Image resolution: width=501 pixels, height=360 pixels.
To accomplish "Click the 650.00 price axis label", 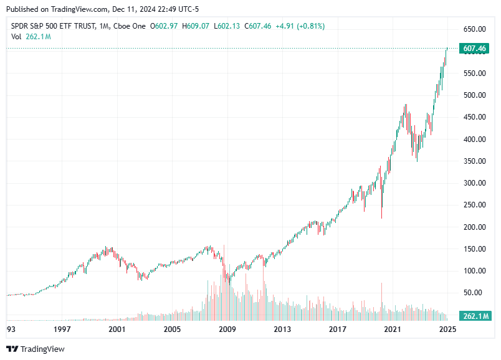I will click(x=474, y=29).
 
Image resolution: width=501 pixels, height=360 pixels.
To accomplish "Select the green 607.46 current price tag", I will click(x=474, y=49).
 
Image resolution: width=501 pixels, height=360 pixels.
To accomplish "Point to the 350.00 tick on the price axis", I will click(x=474, y=161).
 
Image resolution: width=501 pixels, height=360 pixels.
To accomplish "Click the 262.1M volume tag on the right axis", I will click(x=474, y=316).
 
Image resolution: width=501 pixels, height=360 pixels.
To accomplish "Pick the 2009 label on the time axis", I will click(x=227, y=329).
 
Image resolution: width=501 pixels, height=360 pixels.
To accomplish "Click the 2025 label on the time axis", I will click(x=446, y=329).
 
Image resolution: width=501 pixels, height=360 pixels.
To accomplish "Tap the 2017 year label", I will click(x=337, y=329).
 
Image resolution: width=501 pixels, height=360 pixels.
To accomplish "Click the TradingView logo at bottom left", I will click(x=36, y=349).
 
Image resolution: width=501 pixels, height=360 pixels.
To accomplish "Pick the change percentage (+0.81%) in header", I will click(x=307, y=26).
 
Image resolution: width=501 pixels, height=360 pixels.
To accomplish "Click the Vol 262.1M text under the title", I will click(x=31, y=37).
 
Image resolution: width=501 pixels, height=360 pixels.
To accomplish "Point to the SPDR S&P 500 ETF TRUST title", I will click(x=54, y=26).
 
